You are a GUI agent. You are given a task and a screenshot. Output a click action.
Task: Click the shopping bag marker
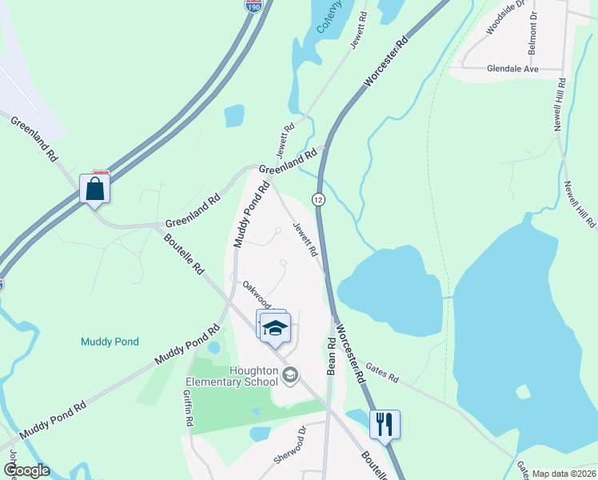(94, 189)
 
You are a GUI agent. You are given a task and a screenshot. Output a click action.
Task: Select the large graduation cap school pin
(275, 328)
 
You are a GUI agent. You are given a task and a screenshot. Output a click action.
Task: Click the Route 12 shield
(318, 199)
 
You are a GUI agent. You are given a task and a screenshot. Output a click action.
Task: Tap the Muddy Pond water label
(110, 342)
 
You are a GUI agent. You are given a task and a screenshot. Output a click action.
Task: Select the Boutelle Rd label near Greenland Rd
(184, 254)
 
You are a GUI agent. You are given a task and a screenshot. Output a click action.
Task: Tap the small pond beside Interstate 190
(234, 116)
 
